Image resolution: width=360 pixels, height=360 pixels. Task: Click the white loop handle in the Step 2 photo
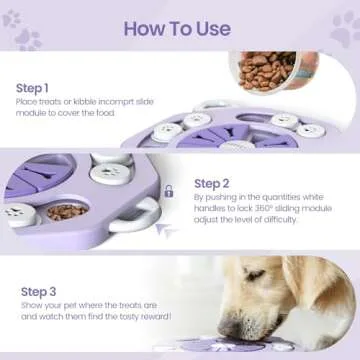point(148,213)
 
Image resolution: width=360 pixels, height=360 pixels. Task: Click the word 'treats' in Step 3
point(134,306)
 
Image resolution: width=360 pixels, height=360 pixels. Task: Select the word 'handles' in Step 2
point(215,213)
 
